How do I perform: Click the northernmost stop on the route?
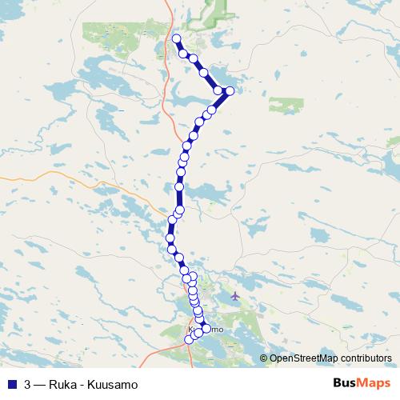176,38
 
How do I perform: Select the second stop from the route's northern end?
183,54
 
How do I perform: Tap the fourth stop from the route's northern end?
204,73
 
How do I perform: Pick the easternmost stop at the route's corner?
230,90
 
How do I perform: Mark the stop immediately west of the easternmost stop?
218,91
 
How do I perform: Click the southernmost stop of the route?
190,339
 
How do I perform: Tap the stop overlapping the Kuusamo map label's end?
206,329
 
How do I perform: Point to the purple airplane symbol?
234,297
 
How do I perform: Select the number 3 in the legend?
28,383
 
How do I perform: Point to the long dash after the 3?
39,383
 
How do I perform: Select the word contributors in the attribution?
365,358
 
